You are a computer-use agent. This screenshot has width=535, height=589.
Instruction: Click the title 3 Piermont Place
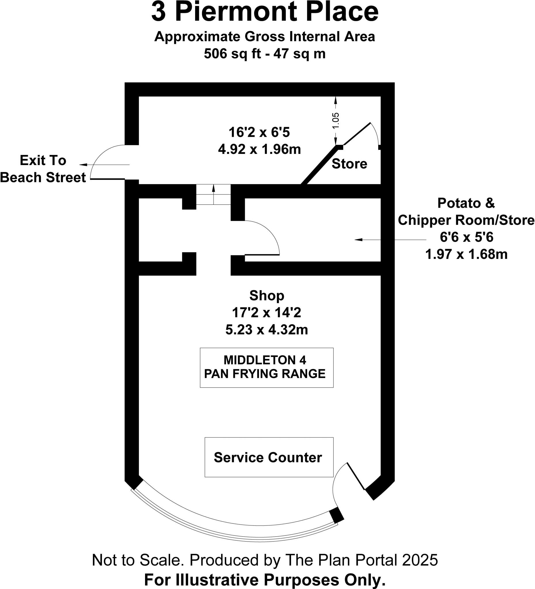tap(264, 12)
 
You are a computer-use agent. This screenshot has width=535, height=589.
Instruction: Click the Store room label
tap(349, 164)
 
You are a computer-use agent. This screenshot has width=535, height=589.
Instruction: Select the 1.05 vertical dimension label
tap(336, 121)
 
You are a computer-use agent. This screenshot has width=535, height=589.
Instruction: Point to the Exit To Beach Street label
tap(43, 169)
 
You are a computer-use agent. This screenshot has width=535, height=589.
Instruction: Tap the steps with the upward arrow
tap(214, 194)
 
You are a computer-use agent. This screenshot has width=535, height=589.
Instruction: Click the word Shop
tap(266, 295)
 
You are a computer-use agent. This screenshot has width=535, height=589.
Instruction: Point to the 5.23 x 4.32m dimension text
tap(266, 330)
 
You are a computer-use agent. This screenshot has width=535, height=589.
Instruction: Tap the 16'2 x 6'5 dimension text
tap(259, 132)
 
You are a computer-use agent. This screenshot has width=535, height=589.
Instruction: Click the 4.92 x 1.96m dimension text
tap(259, 150)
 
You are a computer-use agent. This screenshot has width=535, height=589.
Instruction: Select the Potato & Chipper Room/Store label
tap(466, 211)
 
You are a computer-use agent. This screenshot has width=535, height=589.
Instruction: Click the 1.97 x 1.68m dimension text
tap(466, 254)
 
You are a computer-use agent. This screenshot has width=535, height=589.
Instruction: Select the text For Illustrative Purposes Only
tap(265, 580)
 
